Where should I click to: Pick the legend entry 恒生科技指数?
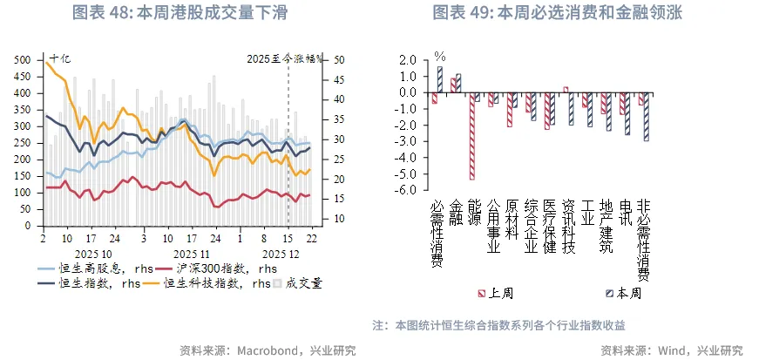(x=201, y=282)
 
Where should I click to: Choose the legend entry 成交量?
(x=301, y=282)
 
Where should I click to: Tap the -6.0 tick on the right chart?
(x=407, y=189)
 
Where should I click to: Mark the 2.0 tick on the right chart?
(x=409, y=60)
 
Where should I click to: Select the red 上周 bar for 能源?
(x=472, y=136)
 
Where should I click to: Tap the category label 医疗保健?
(x=549, y=226)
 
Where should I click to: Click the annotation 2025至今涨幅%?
(x=284, y=59)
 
